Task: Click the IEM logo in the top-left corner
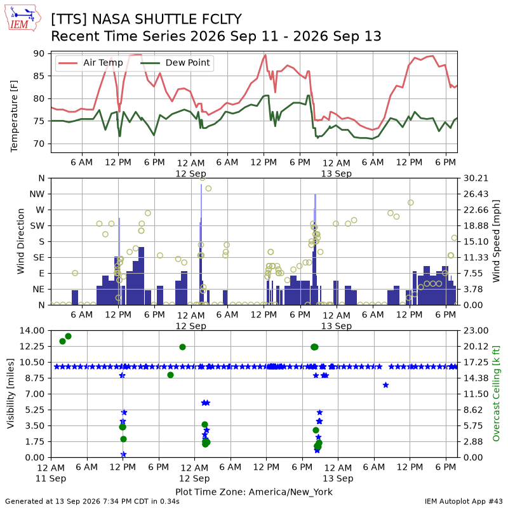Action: [22, 18]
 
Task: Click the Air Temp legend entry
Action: [90, 62]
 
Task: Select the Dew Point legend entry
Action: [176, 62]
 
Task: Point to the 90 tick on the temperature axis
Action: [39, 53]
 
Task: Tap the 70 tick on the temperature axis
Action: [39, 144]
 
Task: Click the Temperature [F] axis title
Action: [14, 116]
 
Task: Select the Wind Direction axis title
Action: [21, 241]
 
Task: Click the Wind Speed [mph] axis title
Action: [496, 241]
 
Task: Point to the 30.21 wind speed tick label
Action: [476, 178]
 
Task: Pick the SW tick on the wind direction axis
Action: [37, 226]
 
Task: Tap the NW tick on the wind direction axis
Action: [37, 194]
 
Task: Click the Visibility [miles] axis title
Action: [11, 394]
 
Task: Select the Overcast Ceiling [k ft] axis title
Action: [496, 394]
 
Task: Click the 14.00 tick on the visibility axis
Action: [32, 330]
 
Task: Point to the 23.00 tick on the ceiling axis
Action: [476, 330]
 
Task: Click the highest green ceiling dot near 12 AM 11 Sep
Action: [68, 337]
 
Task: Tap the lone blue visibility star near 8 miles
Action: [385, 385]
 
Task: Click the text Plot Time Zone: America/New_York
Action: [254, 491]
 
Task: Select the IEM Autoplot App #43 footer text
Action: [464, 502]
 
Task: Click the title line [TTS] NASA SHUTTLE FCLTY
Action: [147, 20]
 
